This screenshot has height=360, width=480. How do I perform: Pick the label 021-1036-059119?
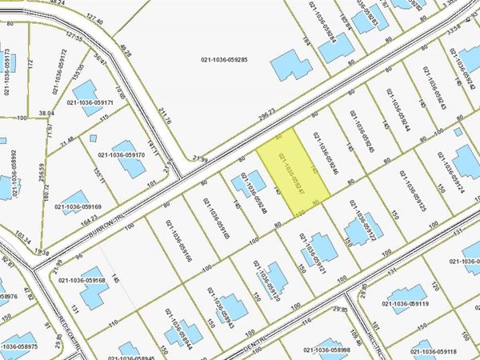(430, 305)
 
